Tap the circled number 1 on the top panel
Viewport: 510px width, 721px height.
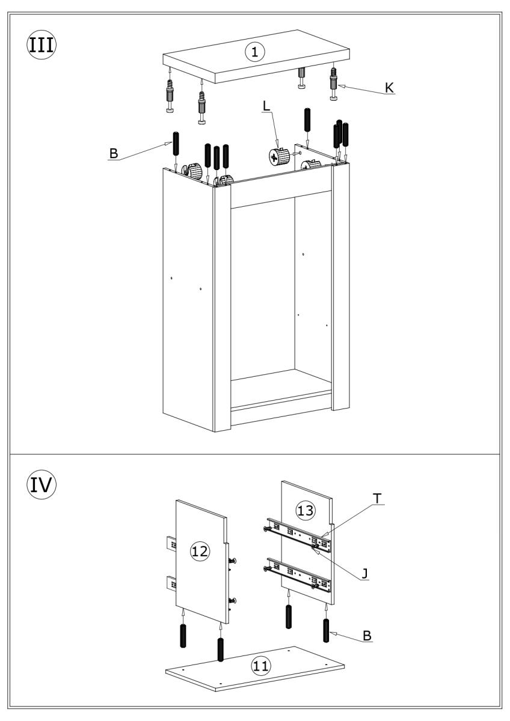[255, 52]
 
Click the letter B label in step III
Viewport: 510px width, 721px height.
[112, 155]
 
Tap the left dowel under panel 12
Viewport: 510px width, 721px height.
[183, 635]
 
